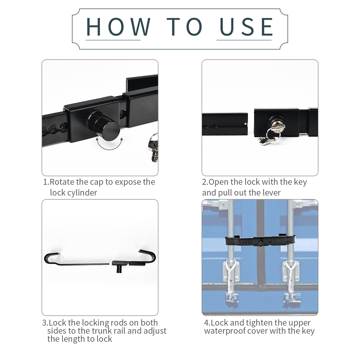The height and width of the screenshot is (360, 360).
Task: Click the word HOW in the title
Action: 118,26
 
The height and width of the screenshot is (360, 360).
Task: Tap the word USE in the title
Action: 246,27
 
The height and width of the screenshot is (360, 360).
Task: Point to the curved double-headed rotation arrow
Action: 109,145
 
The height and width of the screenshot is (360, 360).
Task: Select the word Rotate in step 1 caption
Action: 62,182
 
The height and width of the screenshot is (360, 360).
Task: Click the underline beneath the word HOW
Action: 113,40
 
